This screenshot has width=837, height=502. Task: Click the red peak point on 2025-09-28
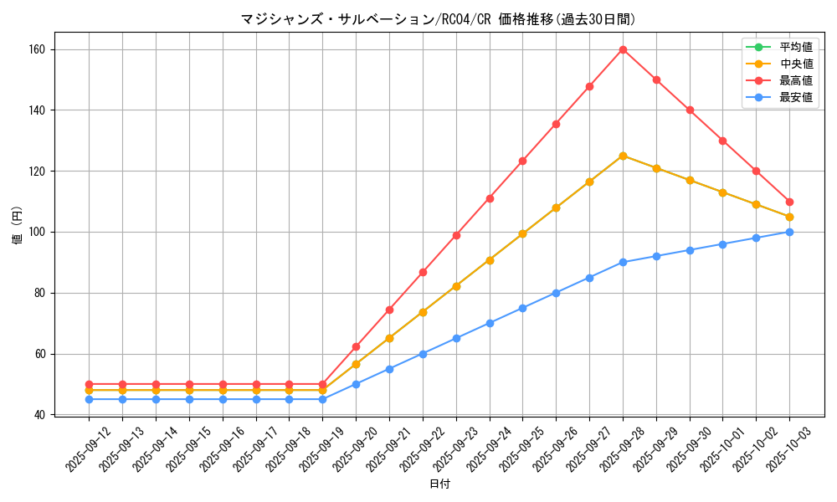tap(623, 49)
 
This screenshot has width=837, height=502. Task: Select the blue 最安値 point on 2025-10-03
tap(789, 232)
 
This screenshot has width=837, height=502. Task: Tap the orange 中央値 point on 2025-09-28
tap(623, 156)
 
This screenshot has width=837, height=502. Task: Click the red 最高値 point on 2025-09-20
tap(356, 346)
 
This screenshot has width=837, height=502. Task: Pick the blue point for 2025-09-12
tap(89, 399)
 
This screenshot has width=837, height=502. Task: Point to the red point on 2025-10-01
tap(722, 141)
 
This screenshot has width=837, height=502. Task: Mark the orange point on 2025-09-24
tap(490, 260)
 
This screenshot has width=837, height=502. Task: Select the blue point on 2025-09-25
tap(522, 308)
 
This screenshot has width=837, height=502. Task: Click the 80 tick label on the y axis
tap(42, 293)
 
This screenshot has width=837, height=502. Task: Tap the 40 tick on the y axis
tap(42, 415)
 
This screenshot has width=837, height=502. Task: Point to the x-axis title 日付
tap(439, 484)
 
